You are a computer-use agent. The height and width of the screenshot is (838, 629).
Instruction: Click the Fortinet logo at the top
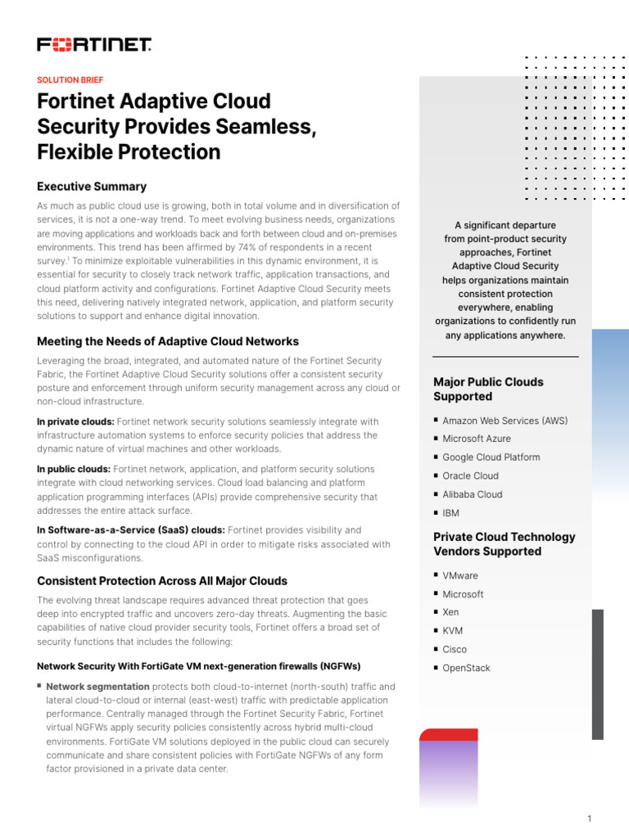click(94, 45)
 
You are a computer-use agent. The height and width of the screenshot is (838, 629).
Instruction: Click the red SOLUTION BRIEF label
click(70, 80)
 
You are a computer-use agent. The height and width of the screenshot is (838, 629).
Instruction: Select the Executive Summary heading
click(92, 187)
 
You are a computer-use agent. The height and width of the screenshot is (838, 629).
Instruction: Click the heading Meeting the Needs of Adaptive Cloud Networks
click(168, 341)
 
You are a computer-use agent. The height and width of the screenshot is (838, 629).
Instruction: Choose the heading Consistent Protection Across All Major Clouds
click(162, 581)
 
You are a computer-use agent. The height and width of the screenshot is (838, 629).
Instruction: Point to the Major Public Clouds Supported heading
click(488, 390)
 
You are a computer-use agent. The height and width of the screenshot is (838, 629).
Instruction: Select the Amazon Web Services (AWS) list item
click(505, 421)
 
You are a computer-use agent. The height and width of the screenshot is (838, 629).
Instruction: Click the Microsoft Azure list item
click(477, 439)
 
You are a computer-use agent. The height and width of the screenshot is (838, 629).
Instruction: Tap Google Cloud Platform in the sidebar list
click(491, 457)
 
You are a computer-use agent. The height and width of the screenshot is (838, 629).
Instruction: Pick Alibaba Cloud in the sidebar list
click(473, 494)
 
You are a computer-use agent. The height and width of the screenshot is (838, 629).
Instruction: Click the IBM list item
click(451, 513)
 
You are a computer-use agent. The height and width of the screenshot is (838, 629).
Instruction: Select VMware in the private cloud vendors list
click(460, 576)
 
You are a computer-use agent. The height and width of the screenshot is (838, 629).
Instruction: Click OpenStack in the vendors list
click(466, 669)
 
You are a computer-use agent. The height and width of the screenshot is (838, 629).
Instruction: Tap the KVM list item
click(452, 631)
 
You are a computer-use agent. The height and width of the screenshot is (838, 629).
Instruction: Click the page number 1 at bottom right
click(589, 819)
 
